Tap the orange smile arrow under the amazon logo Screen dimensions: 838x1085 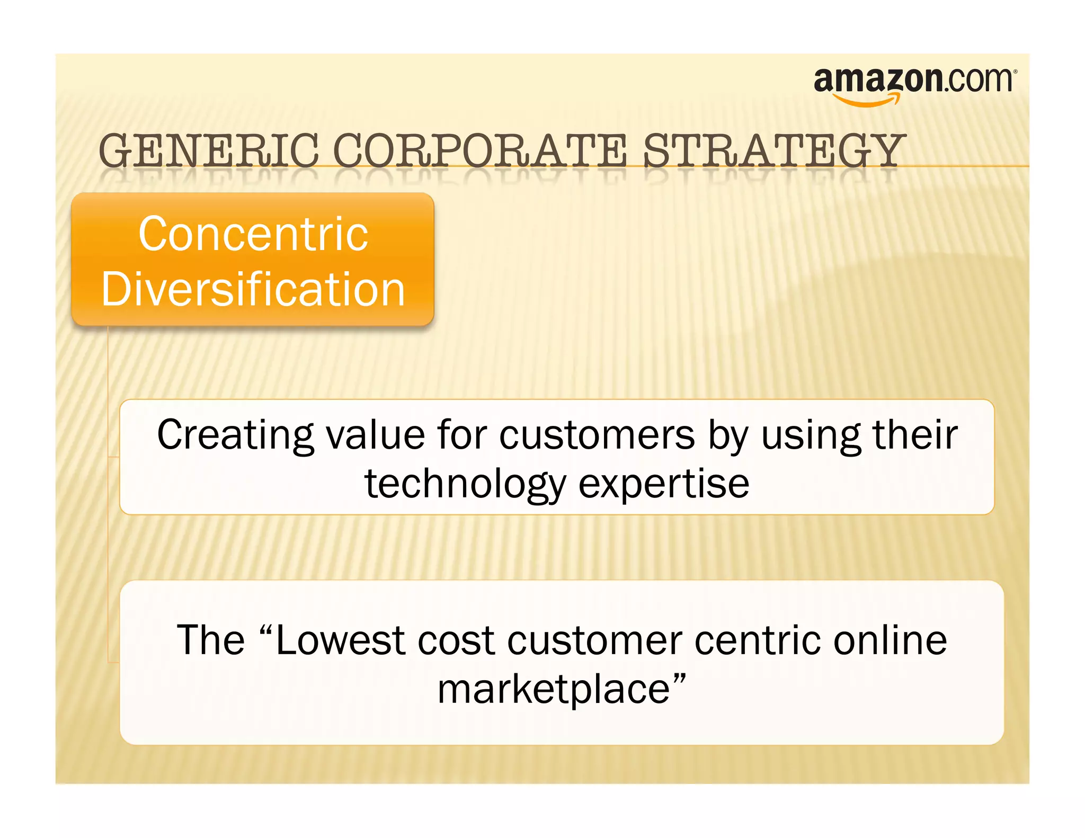tap(866, 100)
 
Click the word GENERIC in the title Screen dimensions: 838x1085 tap(209, 151)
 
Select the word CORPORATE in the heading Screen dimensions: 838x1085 tap(480, 151)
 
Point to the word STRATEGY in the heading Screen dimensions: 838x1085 tap(773, 151)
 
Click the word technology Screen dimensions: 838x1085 tap(465, 484)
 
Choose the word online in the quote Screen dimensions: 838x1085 tap(890, 640)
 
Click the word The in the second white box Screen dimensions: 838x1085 tap(210, 640)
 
